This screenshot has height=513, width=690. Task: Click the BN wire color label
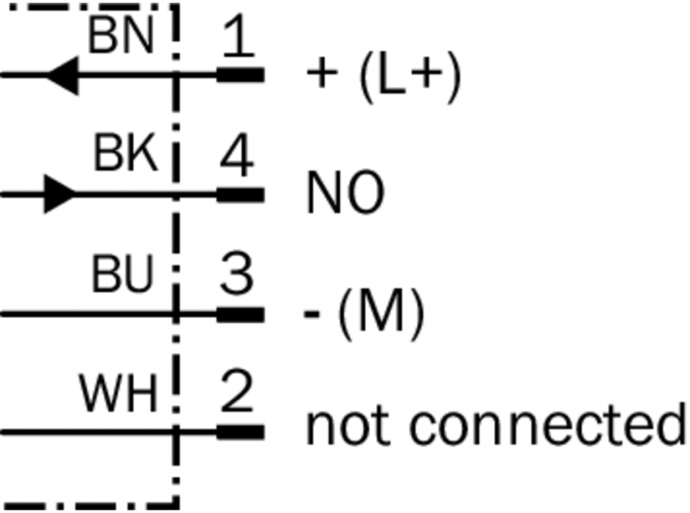coord(121,37)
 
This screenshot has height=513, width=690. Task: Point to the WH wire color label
coord(119,395)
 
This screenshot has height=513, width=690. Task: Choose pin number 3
coord(236,276)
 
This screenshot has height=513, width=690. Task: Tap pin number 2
coord(236,395)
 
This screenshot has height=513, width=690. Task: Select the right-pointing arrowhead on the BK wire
coord(57,194)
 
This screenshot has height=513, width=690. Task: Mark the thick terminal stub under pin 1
coord(240,74)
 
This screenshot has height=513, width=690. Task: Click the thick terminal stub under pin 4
coord(240,195)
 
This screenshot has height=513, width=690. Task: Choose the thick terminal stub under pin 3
coord(240,314)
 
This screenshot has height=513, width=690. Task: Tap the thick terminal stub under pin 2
coord(240,433)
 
